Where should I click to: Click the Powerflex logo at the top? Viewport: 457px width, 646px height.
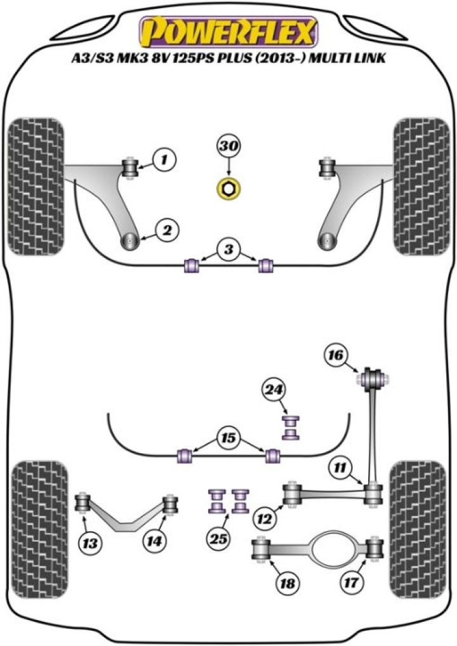(228, 32)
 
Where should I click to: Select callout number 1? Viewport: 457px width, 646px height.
(164, 159)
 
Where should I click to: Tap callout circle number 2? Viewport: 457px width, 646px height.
(167, 231)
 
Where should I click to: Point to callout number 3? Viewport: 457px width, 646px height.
(228, 249)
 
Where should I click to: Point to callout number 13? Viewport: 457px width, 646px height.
(90, 542)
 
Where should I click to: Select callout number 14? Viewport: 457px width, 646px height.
(155, 541)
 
